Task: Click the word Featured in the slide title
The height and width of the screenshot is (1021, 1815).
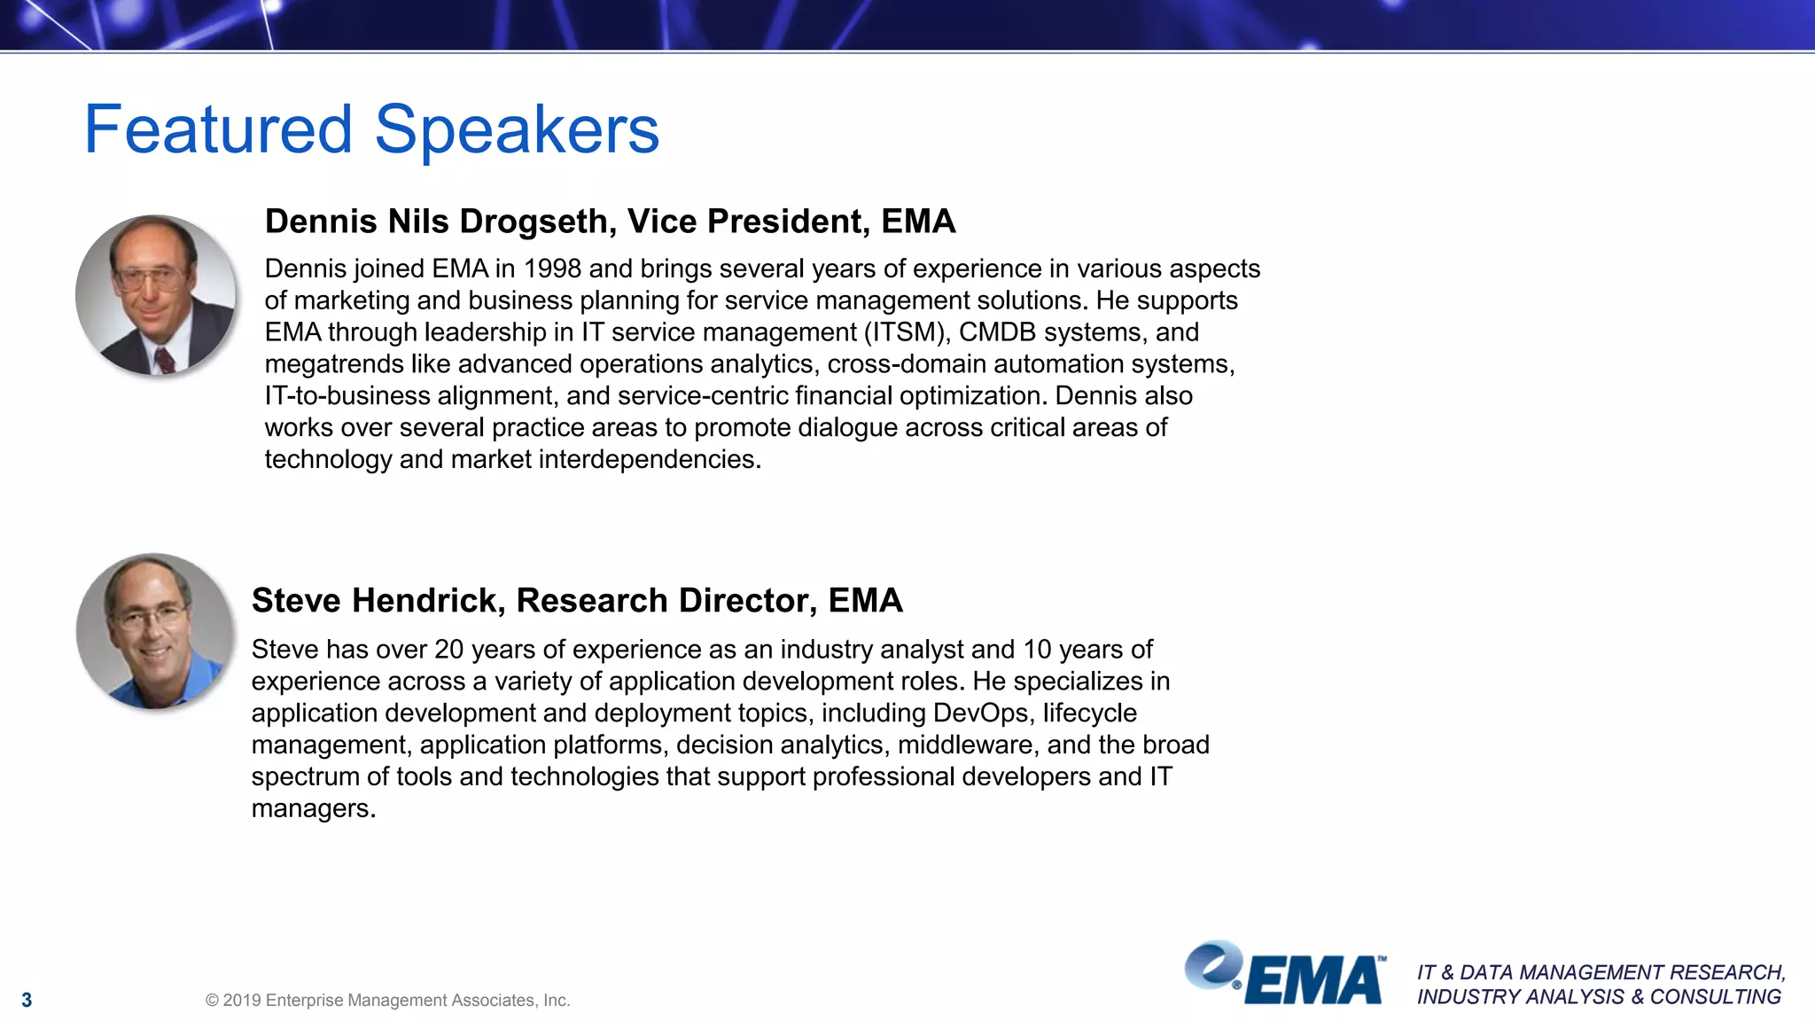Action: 218,129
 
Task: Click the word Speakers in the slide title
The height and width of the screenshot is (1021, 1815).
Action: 517,131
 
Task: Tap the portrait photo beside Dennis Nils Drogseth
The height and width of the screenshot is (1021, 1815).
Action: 156,295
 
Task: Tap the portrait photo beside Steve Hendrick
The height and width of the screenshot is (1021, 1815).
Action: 155,631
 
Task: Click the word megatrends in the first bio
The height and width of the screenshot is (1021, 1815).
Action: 334,364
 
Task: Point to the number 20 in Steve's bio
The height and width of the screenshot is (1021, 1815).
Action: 448,650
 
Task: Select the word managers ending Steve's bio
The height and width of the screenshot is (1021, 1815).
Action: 313,809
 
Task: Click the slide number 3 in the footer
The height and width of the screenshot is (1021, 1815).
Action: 27,1001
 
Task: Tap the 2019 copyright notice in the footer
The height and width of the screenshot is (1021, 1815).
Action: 387,1001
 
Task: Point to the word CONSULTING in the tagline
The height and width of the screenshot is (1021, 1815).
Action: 1715,997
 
